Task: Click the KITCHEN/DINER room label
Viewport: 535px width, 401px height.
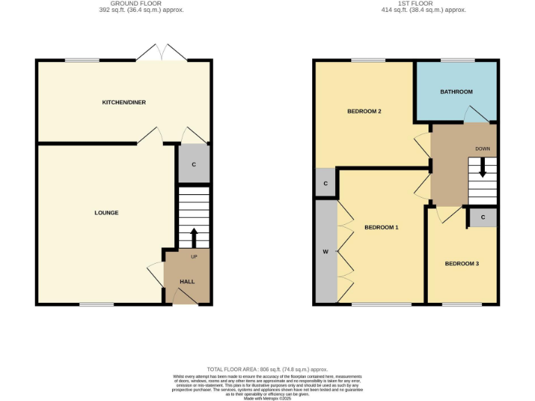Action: click(x=124, y=102)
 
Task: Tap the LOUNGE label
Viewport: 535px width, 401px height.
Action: click(x=107, y=213)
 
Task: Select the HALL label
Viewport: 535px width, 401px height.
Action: click(x=187, y=281)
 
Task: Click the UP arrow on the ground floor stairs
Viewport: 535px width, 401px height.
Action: click(x=194, y=237)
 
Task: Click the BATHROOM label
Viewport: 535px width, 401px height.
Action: click(x=456, y=92)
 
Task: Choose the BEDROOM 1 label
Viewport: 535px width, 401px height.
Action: click(x=381, y=228)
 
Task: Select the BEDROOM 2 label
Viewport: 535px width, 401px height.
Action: click(x=364, y=111)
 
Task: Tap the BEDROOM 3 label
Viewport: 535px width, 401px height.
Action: click(x=462, y=264)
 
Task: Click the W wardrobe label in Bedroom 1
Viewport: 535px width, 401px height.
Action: click(x=325, y=251)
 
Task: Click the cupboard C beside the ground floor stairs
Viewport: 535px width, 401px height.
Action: click(x=194, y=164)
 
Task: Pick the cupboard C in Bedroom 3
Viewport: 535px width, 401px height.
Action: click(x=482, y=217)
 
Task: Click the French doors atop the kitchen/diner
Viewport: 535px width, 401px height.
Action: click(x=162, y=54)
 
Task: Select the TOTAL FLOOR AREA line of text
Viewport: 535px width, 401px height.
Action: click(x=267, y=369)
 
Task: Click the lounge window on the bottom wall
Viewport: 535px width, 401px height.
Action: click(x=96, y=304)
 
